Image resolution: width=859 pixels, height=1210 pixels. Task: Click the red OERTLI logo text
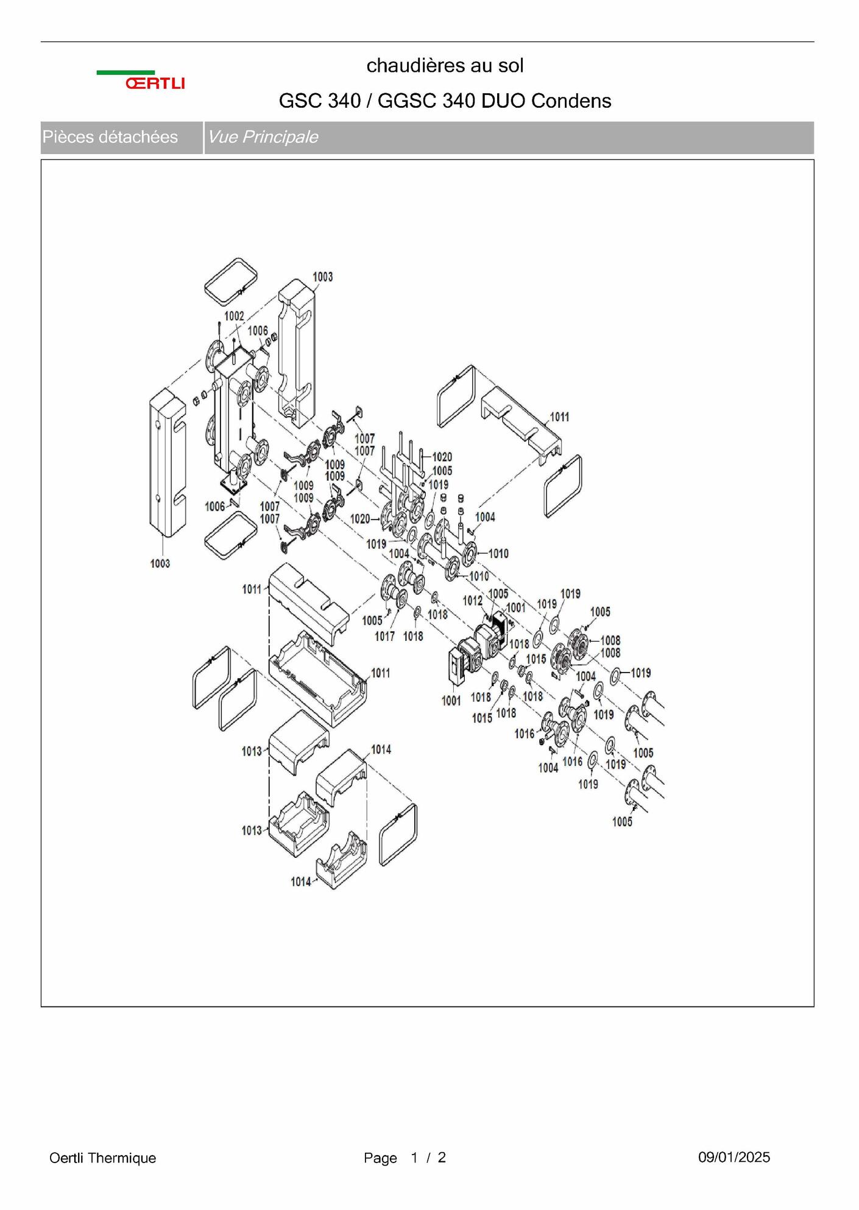[155, 83]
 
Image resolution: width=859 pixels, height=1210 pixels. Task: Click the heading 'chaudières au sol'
[445, 65]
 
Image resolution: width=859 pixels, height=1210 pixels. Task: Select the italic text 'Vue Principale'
[263, 137]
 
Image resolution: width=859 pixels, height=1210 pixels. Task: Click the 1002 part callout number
[234, 316]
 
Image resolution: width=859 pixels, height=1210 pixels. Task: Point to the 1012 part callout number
[472, 601]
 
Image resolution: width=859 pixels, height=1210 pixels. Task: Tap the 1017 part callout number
[384, 636]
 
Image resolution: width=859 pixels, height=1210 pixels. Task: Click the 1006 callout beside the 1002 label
[258, 330]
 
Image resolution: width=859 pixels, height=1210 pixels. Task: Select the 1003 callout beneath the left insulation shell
[160, 564]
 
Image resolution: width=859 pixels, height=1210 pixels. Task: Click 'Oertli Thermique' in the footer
[102, 1158]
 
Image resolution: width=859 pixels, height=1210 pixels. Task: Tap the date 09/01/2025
[734, 1157]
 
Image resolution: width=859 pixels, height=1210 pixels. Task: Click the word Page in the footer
[380, 1158]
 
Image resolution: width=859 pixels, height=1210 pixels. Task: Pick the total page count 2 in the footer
[442, 1157]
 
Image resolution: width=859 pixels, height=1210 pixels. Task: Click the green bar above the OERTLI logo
[125, 73]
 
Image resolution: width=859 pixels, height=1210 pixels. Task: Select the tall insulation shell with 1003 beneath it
[168, 463]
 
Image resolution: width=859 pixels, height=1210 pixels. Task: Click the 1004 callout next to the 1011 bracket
[485, 517]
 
